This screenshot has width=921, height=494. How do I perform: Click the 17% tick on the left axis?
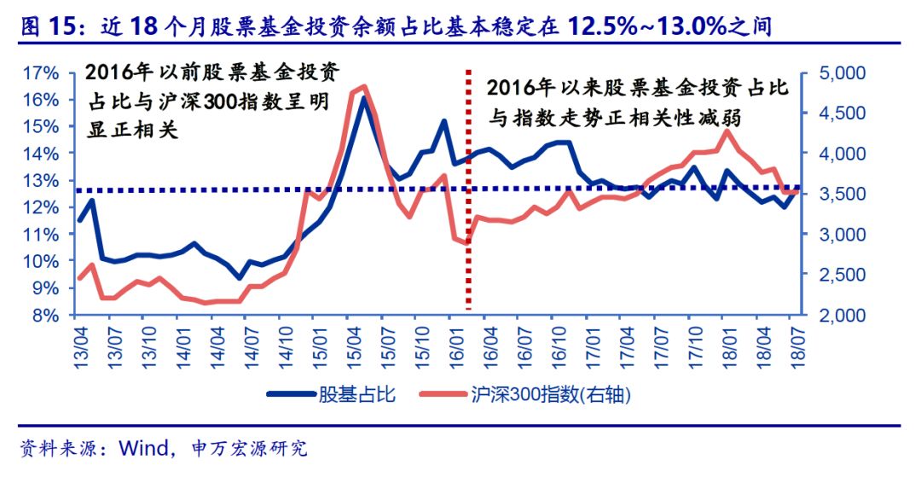(42, 73)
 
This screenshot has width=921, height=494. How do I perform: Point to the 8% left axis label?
(45, 315)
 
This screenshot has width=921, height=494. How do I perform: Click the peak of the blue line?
(362, 98)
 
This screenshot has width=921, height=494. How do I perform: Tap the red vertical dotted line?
(467, 213)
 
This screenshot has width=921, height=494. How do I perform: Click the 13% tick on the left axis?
(42, 181)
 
